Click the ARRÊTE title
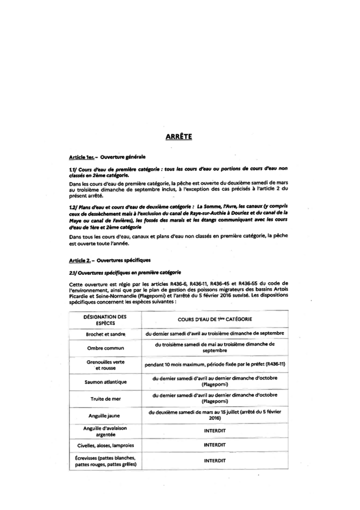[180, 137]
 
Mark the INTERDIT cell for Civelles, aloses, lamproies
[215, 445]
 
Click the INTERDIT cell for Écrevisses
[215, 461]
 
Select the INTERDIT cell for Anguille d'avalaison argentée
[215, 431]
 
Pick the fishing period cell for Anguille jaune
[215, 415]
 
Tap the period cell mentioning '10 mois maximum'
[215, 365]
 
